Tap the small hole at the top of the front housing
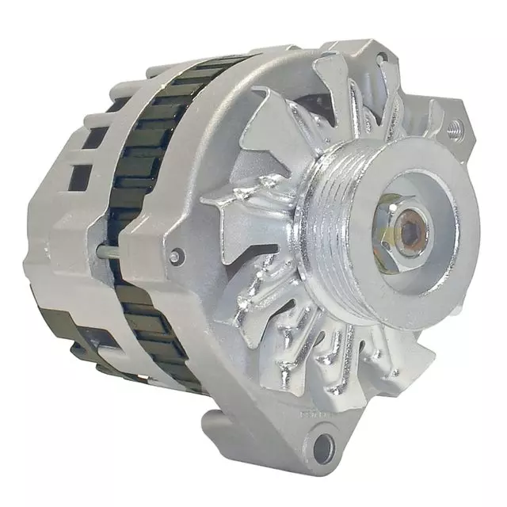point(381,58)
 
